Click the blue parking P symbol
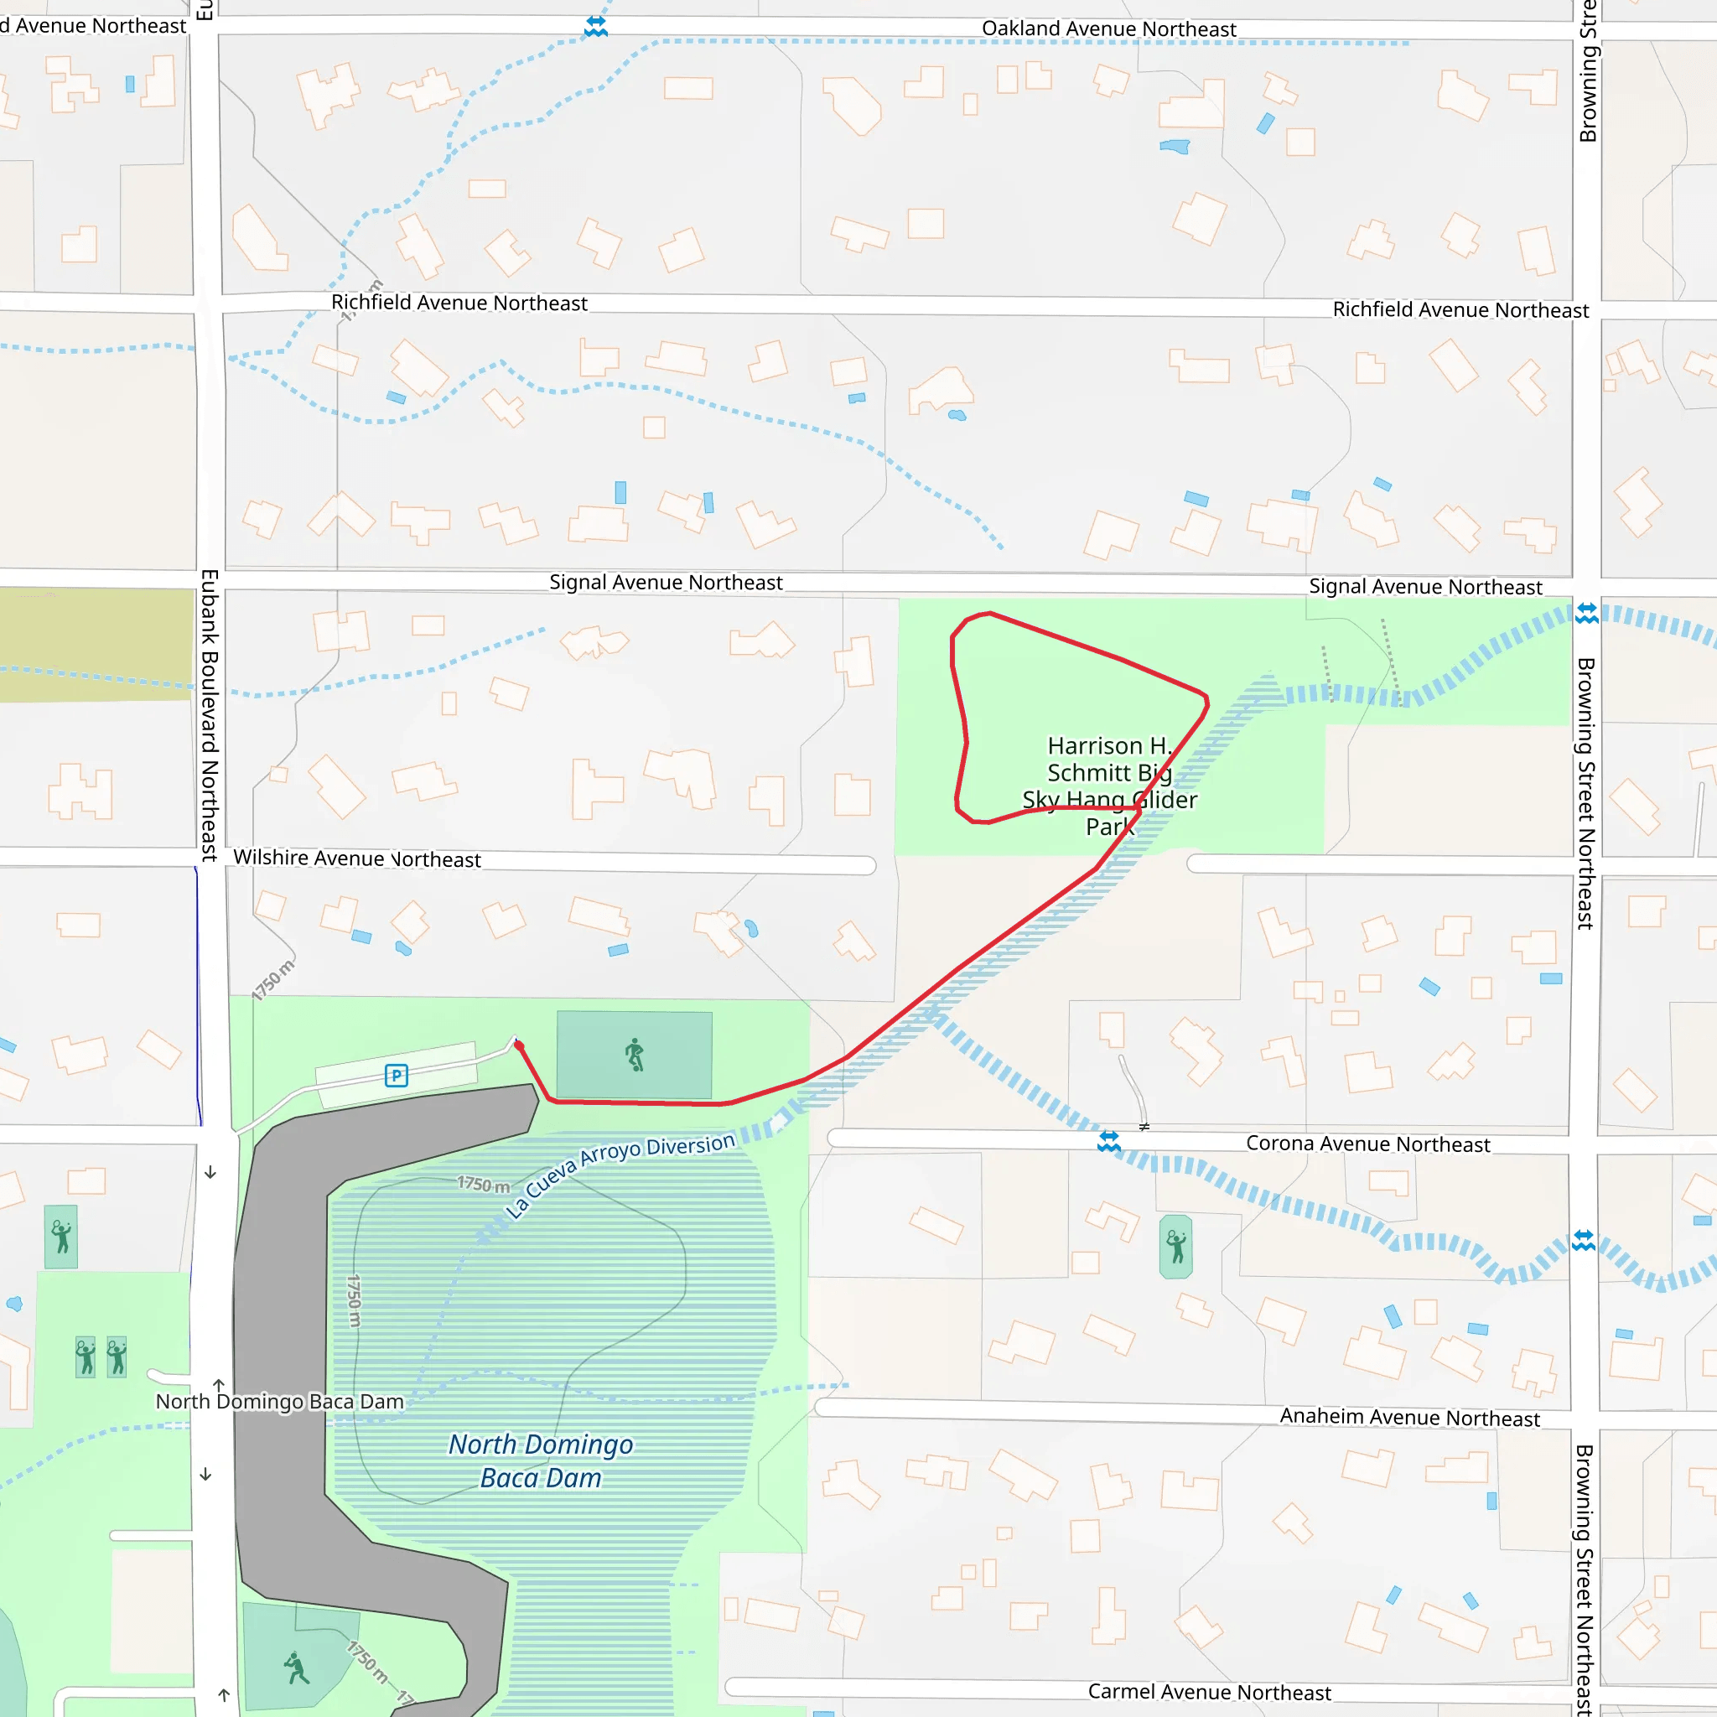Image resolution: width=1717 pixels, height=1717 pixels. click(x=397, y=1076)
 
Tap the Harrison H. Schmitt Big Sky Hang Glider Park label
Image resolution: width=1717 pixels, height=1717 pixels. click(x=1109, y=786)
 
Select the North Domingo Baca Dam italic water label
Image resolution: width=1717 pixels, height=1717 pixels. click(x=541, y=1460)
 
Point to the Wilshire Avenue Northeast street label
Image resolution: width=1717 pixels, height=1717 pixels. click(x=356, y=858)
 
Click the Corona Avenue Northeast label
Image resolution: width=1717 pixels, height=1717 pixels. click(x=1367, y=1144)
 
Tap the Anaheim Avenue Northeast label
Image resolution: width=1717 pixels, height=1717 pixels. click(x=1408, y=1417)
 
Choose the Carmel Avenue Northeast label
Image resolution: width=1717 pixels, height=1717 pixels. click(x=1209, y=1691)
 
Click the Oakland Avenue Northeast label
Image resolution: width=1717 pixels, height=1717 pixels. click(x=1108, y=29)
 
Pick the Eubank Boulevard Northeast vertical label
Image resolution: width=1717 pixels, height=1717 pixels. click(x=210, y=715)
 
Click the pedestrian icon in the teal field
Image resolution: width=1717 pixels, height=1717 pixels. click(x=635, y=1055)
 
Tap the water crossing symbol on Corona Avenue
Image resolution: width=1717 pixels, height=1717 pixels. click(x=1108, y=1141)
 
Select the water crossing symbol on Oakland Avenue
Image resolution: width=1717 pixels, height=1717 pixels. click(x=595, y=27)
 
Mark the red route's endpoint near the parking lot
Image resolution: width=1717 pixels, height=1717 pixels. click(x=519, y=1045)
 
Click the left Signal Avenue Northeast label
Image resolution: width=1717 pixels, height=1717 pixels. click(x=666, y=582)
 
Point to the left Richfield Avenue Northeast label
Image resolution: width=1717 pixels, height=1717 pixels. click(x=459, y=303)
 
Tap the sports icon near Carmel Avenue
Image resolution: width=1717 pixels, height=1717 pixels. click(x=297, y=1668)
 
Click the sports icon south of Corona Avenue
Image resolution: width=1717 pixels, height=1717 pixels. click(x=1175, y=1246)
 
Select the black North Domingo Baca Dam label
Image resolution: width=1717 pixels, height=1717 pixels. click(x=279, y=1402)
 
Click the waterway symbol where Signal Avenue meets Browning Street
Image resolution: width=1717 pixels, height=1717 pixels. click(x=1586, y=613)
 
